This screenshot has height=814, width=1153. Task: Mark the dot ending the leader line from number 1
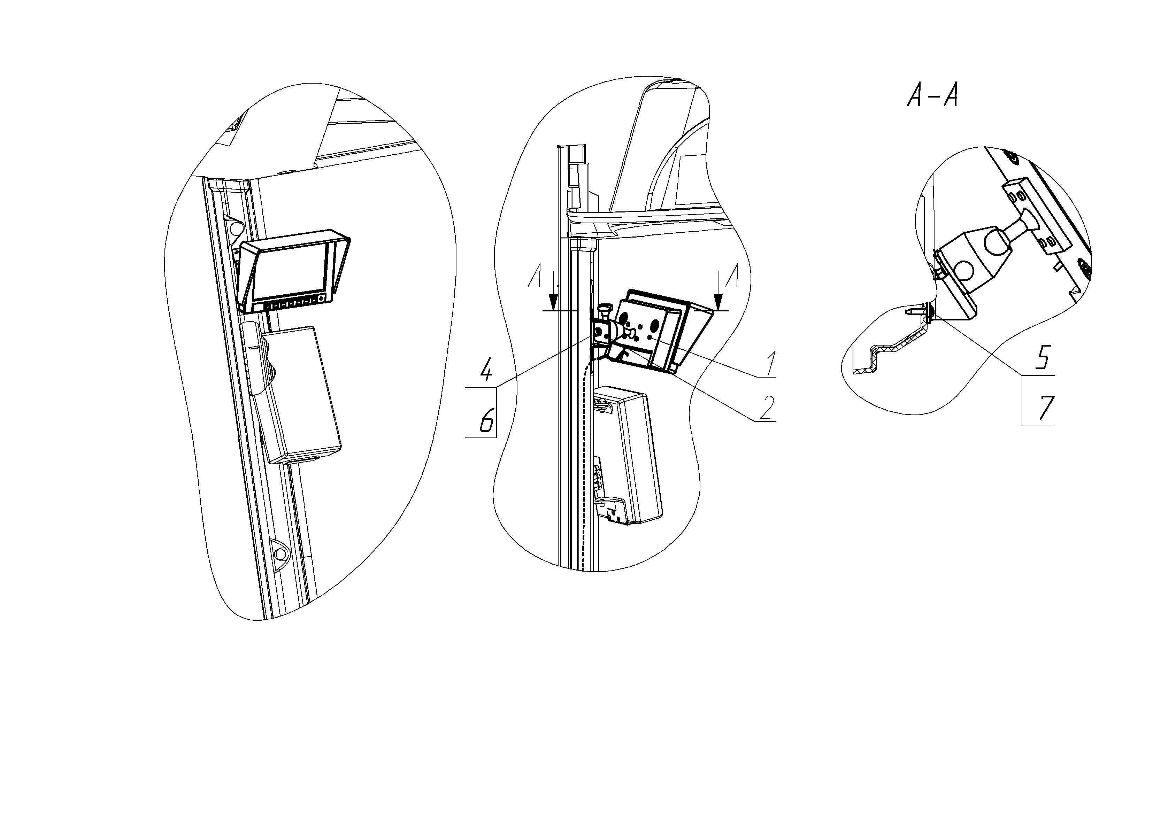(651, 339)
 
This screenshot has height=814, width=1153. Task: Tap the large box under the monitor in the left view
(300, 395)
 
